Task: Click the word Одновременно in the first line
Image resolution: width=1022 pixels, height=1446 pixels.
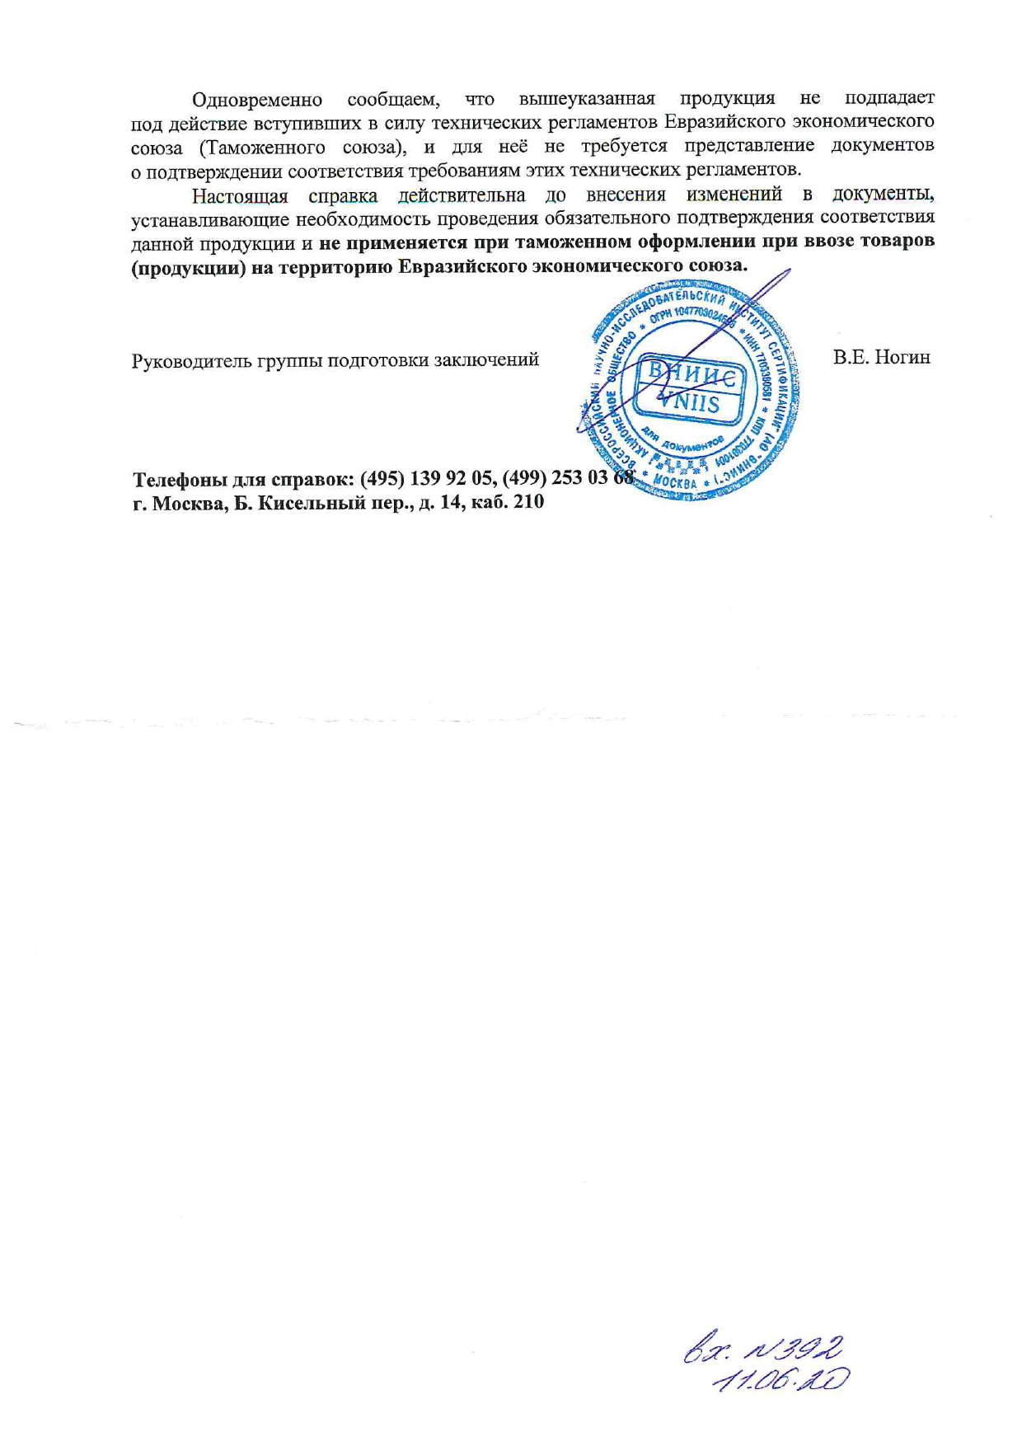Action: pos(256,100)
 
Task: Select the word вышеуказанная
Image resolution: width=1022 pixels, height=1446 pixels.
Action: pos(586,100)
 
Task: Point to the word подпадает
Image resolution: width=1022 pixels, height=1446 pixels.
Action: pos(889,99)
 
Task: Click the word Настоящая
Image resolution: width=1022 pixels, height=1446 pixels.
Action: pos(240,196)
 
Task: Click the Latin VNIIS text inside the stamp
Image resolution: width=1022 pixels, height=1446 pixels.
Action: pos(691,404)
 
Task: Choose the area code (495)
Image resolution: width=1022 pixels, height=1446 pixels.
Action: pos(382,479)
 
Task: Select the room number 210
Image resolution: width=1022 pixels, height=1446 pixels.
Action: pos(528,502)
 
